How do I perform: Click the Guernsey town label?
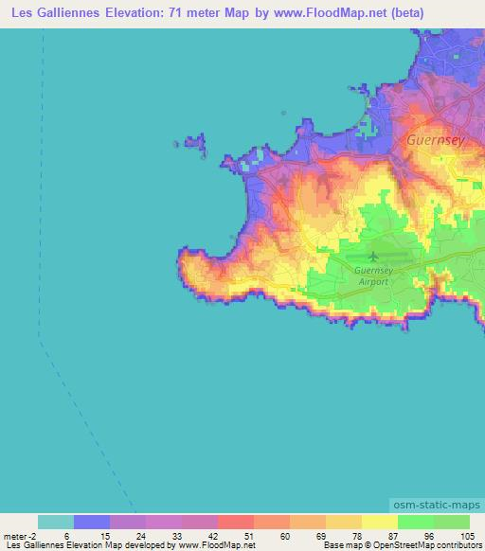pyautogui.click(x=437, y=138)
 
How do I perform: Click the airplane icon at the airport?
pyautogui.click(x=372, y=256)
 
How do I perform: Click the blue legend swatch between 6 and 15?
pyautogui.click(x=92, y=522)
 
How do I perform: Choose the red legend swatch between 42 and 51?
pyautogui.click(x=235, y=522)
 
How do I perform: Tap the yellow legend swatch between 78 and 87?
pyautogui.click(x=379, y=522)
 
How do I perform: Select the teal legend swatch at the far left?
pyautogui.click(x=56, y=522)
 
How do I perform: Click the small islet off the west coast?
pyautogui.click(x=195, y=143)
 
